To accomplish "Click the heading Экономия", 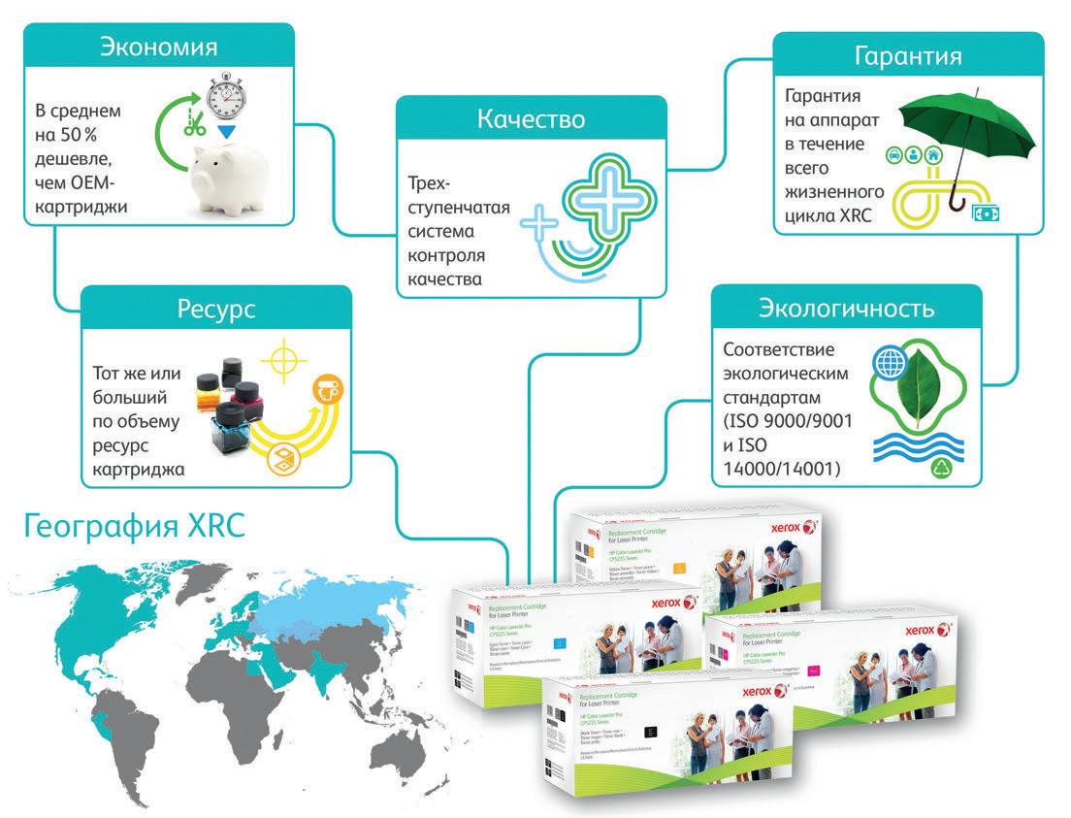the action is pyautogui.click(x=158, y=48).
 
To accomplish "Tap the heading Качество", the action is pyautogui.click(x=530, y=119).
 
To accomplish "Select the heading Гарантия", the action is pyautogui.click(x=907, y=56).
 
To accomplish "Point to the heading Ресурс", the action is pyautogui.click(x=215, y=309).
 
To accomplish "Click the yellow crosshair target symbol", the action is pyautogui.click(x=281, y=359).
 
